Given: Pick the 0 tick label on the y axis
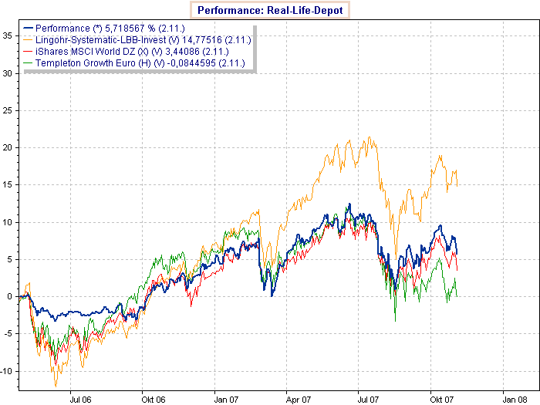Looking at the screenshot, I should click(x=8, y=296).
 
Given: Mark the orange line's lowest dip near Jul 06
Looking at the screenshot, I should click(x=55, y=386).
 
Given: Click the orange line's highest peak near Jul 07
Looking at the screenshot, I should click(x=371, y=138).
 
